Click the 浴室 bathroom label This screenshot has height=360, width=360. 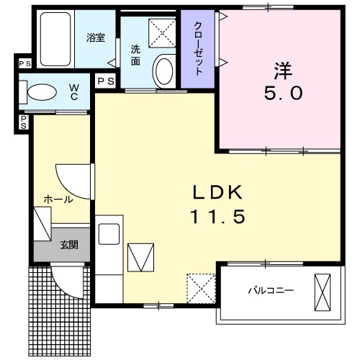click(96, 38)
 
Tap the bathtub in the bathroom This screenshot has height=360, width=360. click(55, 39)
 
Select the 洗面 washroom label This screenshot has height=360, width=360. click(135, 55)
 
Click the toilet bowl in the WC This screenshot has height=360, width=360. click(42, 92)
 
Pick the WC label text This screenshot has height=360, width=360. click(74, 92)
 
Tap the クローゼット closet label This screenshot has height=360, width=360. click(198, 48)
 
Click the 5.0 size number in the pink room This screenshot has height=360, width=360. click(283, 93)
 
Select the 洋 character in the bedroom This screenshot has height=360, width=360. click(283, 71)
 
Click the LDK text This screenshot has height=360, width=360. click(217, 193)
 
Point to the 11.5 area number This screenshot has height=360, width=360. click(217, 216)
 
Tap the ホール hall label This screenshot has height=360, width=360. click(58, 199)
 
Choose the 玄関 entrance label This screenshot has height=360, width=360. click(69, 245)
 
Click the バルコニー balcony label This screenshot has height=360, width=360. click(271, 291)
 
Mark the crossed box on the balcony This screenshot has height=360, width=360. click(323, 292)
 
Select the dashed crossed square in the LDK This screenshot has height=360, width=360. click(201, 289)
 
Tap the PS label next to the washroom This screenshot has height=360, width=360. click(106, 81)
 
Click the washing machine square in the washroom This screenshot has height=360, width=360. click(162, 33)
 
